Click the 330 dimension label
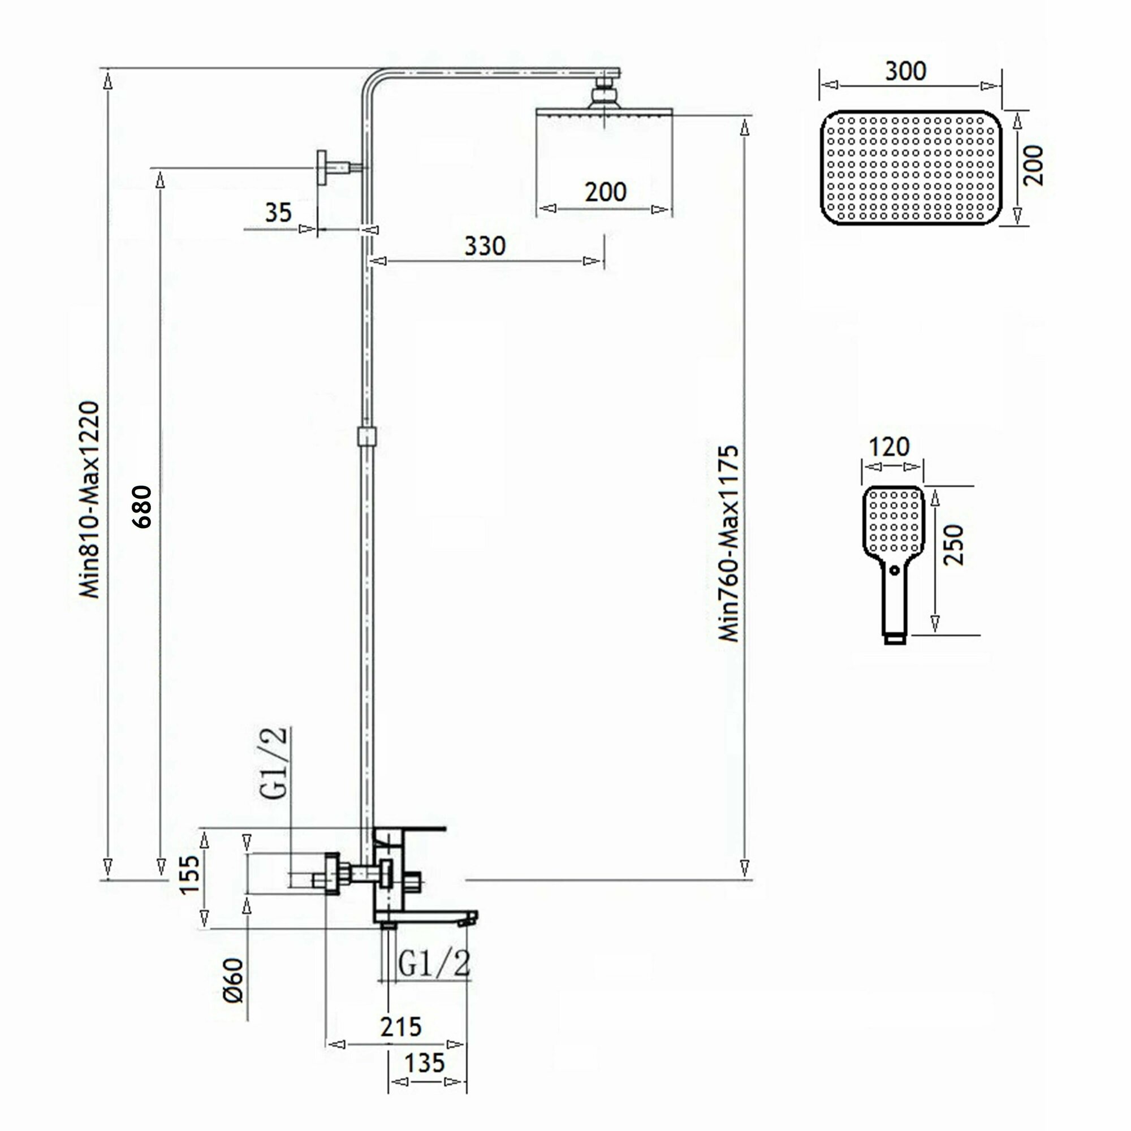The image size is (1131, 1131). [x=485, y=247]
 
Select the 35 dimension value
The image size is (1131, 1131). [x=278, y=213]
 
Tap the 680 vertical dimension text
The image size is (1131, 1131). [x=143, y=507]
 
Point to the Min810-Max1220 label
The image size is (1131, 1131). [x=89, y=499]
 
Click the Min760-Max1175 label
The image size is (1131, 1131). [x=729, y=543]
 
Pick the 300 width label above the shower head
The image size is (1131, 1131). [x=905, y=71]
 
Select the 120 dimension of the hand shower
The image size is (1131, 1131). [x=888, y=447]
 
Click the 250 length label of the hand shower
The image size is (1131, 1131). [x=953, y=545]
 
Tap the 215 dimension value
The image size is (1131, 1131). [x=401, y=1027]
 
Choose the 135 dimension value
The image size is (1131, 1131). [x=425, y=1063]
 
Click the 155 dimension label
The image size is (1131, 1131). [x=189, y=875]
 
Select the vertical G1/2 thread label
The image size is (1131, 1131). [x=274, y=763]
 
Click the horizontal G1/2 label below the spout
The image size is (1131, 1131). [x=434, y=963]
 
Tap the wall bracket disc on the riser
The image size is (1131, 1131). [x=321, y=168]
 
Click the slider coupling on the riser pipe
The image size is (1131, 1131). [x=366, y=436]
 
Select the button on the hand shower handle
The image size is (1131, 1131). [x=894, y=569]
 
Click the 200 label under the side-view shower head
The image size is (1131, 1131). [x=605, y=192]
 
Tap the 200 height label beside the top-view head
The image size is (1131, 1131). [x=1033, y=166]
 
